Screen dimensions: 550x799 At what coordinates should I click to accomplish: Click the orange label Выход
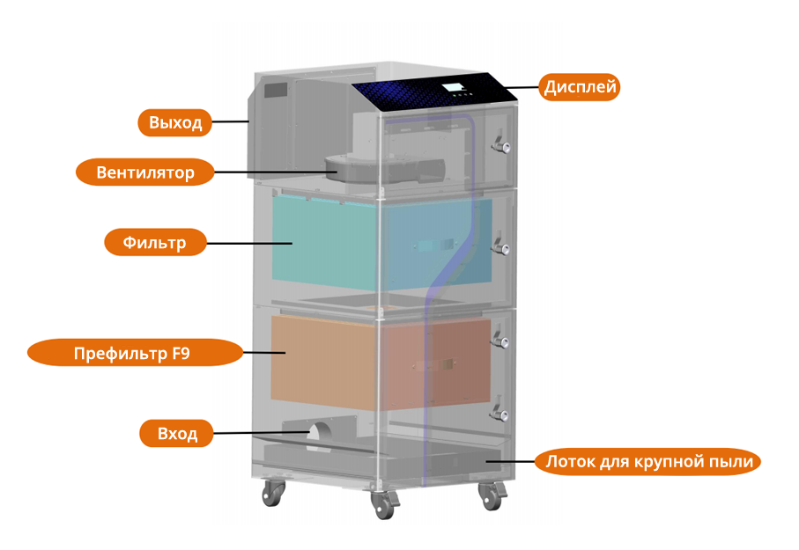pos(175,122)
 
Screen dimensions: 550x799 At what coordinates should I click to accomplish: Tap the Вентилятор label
pos(145,172)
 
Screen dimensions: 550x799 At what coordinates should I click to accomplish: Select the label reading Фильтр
pos(155,242)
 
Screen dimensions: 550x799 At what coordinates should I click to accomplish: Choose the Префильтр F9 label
pos(134,354)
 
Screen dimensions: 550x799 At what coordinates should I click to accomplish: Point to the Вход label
pos(176,434)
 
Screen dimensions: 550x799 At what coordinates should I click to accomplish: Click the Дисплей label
pos(581,87)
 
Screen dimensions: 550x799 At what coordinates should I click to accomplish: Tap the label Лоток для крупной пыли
pos(647,461)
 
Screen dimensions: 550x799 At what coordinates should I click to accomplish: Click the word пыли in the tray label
pos(733,461)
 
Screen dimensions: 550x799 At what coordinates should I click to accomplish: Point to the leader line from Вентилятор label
pos(269,171)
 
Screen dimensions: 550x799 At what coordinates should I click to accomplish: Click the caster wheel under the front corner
pos(383,507)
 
